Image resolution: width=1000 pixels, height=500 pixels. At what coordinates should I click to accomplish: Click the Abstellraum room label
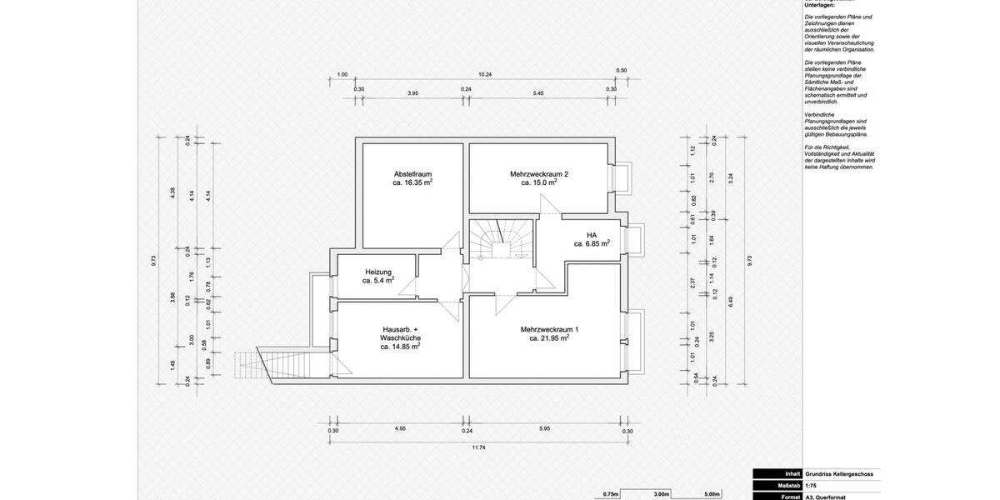[412, 174]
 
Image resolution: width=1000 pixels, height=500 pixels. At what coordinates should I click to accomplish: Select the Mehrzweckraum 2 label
[539, 174]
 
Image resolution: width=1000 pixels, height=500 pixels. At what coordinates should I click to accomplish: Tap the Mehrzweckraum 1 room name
[549, 329]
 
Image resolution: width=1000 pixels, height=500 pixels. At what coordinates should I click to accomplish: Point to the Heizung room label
[378, 272]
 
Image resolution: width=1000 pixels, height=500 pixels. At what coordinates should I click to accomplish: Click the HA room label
[592, 235]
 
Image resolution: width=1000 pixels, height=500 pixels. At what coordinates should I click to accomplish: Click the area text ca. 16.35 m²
[412, 182]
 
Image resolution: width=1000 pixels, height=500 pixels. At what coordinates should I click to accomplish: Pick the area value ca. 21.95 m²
[549, 338]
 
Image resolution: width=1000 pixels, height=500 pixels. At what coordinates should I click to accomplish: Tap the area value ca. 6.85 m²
[592, 244]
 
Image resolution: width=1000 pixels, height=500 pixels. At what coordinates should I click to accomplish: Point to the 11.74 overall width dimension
[478, 447]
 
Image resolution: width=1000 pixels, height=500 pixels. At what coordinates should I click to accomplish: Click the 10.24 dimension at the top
[485, 74]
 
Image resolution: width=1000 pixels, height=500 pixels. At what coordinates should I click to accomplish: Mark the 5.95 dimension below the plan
[545, 428]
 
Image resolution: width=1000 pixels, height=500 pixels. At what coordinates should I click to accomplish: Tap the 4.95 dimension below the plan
[400, 428]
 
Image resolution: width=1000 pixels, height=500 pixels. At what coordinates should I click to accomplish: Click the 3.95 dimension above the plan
[412, 93]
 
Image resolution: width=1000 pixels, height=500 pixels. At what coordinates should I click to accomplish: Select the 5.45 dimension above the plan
[538, 93]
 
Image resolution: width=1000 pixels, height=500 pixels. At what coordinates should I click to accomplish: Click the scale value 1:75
[811, 485]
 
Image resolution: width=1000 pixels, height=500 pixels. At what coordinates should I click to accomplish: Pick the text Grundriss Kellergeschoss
[838, 474]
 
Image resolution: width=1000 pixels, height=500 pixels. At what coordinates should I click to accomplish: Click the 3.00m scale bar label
[661, 494]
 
